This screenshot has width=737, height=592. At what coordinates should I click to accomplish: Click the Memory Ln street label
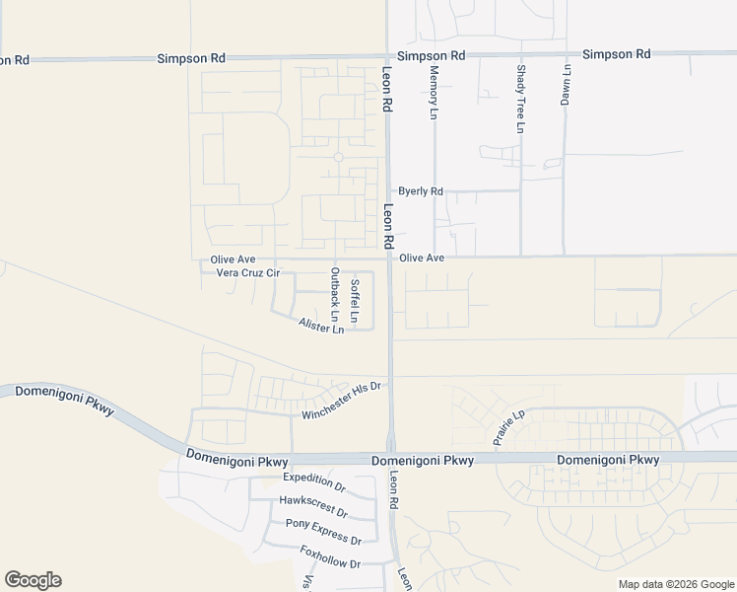pos(433,94)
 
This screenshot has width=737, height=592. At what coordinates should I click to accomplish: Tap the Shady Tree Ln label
pos(520,99)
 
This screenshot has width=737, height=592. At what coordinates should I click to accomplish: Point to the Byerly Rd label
pos(421,191)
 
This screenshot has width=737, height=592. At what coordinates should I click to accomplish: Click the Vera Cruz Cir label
pos(248,272)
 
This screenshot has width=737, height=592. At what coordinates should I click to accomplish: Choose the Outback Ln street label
pos(335,295)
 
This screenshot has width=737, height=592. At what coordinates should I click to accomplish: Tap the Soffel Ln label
pos(355,302)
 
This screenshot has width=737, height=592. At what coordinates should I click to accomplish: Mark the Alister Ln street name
pos(321,325)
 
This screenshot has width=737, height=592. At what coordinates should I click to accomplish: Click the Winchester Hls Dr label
pos(341,401)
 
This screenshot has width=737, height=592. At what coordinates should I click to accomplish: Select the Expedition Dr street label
pos(314,481)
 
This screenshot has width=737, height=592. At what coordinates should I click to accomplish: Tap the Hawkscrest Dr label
pos(313,505)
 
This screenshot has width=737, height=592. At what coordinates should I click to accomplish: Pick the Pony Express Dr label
pos(323,531)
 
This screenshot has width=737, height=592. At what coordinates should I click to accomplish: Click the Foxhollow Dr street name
pos(330,557)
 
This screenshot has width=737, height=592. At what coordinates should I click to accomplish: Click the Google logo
pos(33,580)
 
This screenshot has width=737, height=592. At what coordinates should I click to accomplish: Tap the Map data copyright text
pos(675,584)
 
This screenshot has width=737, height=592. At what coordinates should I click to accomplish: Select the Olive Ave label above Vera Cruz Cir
pos(233,259)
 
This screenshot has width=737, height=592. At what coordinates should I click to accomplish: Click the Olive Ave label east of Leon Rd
pos(422,258)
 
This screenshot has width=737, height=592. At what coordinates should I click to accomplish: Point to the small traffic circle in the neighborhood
pos(338,157)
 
